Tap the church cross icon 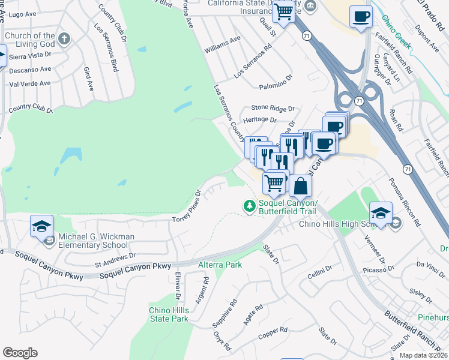(x=65, y=40)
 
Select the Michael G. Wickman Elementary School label (x=96, y=241)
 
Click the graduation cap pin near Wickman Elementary (x=41, y=227)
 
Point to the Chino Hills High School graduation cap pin (x=381, y=214)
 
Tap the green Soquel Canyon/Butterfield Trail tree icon (x=249, y=206)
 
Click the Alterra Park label (x=220, y=265)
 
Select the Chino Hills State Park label (x=169, y=314)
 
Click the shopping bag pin (x=301, y=186)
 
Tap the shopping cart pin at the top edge (x=284, y=11)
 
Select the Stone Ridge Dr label (x=273, y=109)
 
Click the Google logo (x=20, y=353)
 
